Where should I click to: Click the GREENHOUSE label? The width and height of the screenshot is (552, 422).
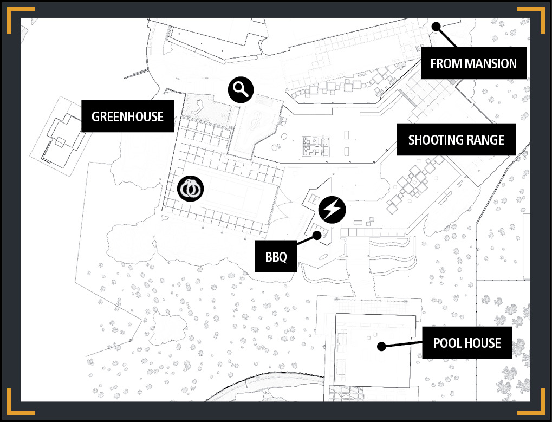point(127,116)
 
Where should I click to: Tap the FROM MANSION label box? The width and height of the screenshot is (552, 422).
point(473,63)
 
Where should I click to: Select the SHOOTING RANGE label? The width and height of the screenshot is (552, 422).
point(456,139)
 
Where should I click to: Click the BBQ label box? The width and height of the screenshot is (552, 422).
point(276,257)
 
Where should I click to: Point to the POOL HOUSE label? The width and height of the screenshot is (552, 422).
point(467,342)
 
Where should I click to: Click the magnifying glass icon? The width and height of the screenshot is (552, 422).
point(241,90)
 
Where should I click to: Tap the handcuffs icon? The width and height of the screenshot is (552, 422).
point(191,189)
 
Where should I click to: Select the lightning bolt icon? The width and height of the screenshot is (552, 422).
point(332,210)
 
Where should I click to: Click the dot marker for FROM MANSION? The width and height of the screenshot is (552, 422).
point(436,27)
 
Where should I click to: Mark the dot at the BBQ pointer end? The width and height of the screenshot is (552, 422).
point(317,236)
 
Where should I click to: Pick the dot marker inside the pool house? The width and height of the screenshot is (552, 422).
point(381,347)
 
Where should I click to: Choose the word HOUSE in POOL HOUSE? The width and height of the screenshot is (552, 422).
point(484,343)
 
